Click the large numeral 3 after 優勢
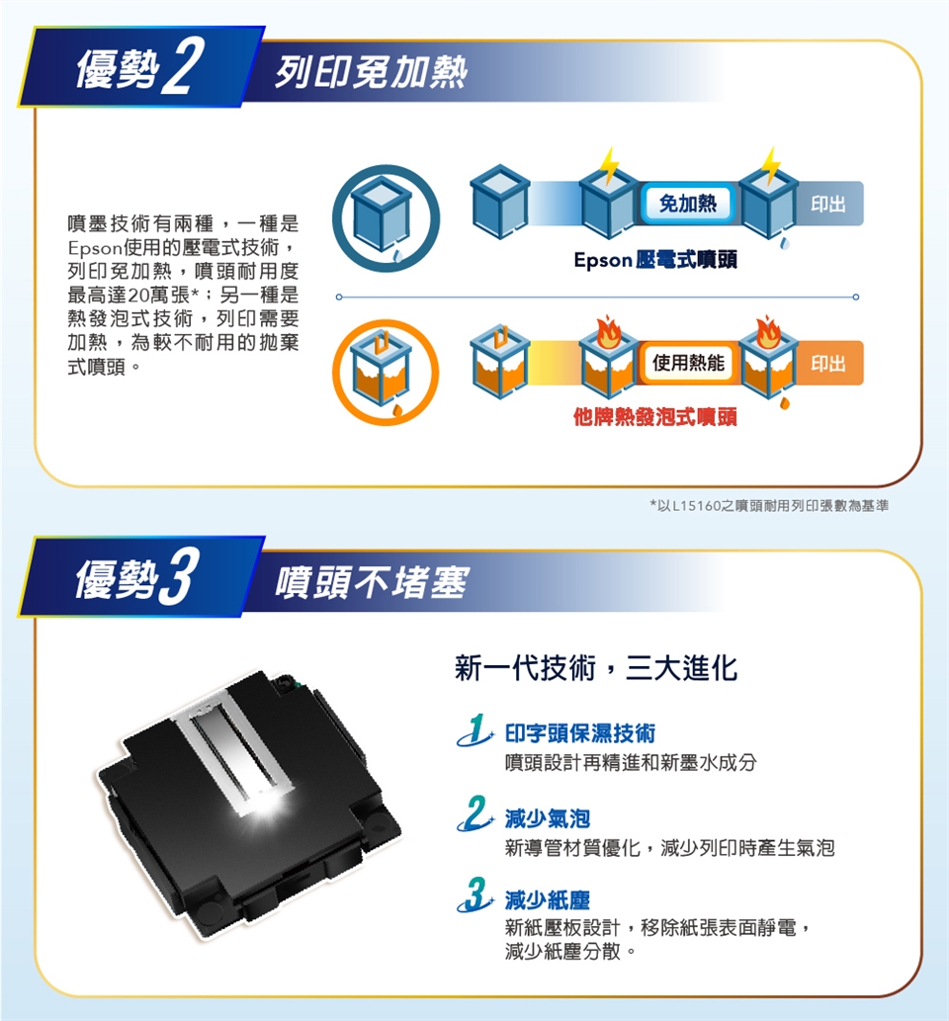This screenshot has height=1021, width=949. pos(177,577)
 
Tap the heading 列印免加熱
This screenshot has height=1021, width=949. pos(371,71)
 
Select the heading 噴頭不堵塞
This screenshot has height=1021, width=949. pos(371,582)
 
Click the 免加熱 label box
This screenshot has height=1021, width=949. pos(687,204)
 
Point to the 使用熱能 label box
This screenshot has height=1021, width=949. pos(688,363)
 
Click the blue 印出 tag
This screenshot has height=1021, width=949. pos(828,204)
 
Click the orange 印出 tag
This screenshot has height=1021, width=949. pos(828,363)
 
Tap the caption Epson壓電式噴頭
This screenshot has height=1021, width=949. pos(655,260)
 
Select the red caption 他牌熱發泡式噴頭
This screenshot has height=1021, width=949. pos(655,417)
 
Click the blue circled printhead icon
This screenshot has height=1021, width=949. pos(387,218)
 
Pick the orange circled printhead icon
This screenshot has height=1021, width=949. pos(387,373)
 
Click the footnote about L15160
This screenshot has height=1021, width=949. pos(768,505)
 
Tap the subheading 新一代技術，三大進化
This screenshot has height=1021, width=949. pos(596,668)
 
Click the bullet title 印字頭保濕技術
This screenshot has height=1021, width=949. pos(579,733)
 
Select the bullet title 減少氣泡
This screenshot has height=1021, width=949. pos(547,818)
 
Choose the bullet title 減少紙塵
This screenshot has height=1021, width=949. pos(547,900)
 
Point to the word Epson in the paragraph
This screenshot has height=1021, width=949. pos(95,248)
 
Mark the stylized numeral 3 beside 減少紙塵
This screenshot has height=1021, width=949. pos(475,894)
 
